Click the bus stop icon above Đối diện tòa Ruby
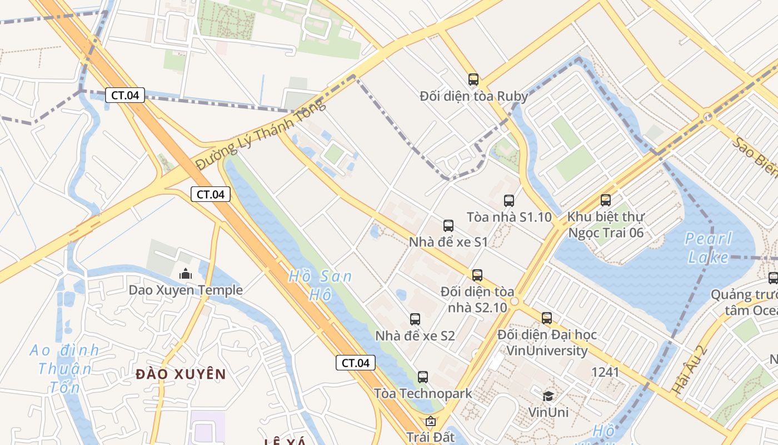pyautogui.click(x=473, y=80)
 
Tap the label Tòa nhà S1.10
pyautogui.click(x=509, y=217)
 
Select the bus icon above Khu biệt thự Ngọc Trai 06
pyautogui.click(x=606, y=200)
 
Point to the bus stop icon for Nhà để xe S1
pyautogui.click(x=448, y=226)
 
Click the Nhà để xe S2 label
pyautogui.click(x=415, y=336)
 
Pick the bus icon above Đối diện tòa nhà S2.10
pyautogui.click(x=477, y=275)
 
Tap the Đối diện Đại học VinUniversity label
pyautogui.click(x=547, y=343)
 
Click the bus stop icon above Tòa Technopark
pyautogui.click(x=423, y=377)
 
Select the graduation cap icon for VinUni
pyautogui.click(x=548, y=396)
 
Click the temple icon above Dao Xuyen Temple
pyautogui.click(x=185, y=274)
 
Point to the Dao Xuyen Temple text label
pyautogui.click(x=186, y=290)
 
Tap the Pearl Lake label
pyautogui.click(x=708, y=248)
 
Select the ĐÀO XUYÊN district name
pyautogui.click(x=181, y=374)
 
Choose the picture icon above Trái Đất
pyautogui.click(x=430, y=422)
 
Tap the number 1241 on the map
pyautogui.click(x=605, y=372)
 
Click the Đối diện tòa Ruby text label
pyautogui.click(x=473, y=96)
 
